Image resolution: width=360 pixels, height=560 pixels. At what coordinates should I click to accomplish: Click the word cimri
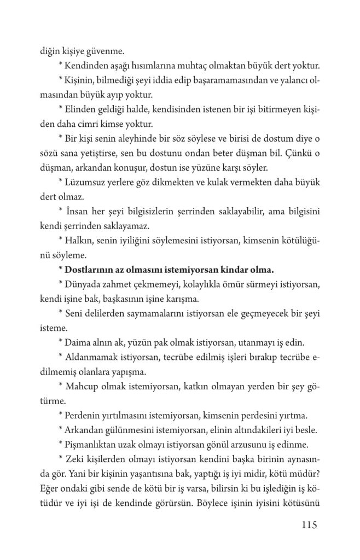click(x=90, y=124)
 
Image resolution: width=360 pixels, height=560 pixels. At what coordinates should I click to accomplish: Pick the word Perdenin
click(x=84, y=414)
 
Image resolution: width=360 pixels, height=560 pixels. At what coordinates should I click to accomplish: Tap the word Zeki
click(x=76, y=457)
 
